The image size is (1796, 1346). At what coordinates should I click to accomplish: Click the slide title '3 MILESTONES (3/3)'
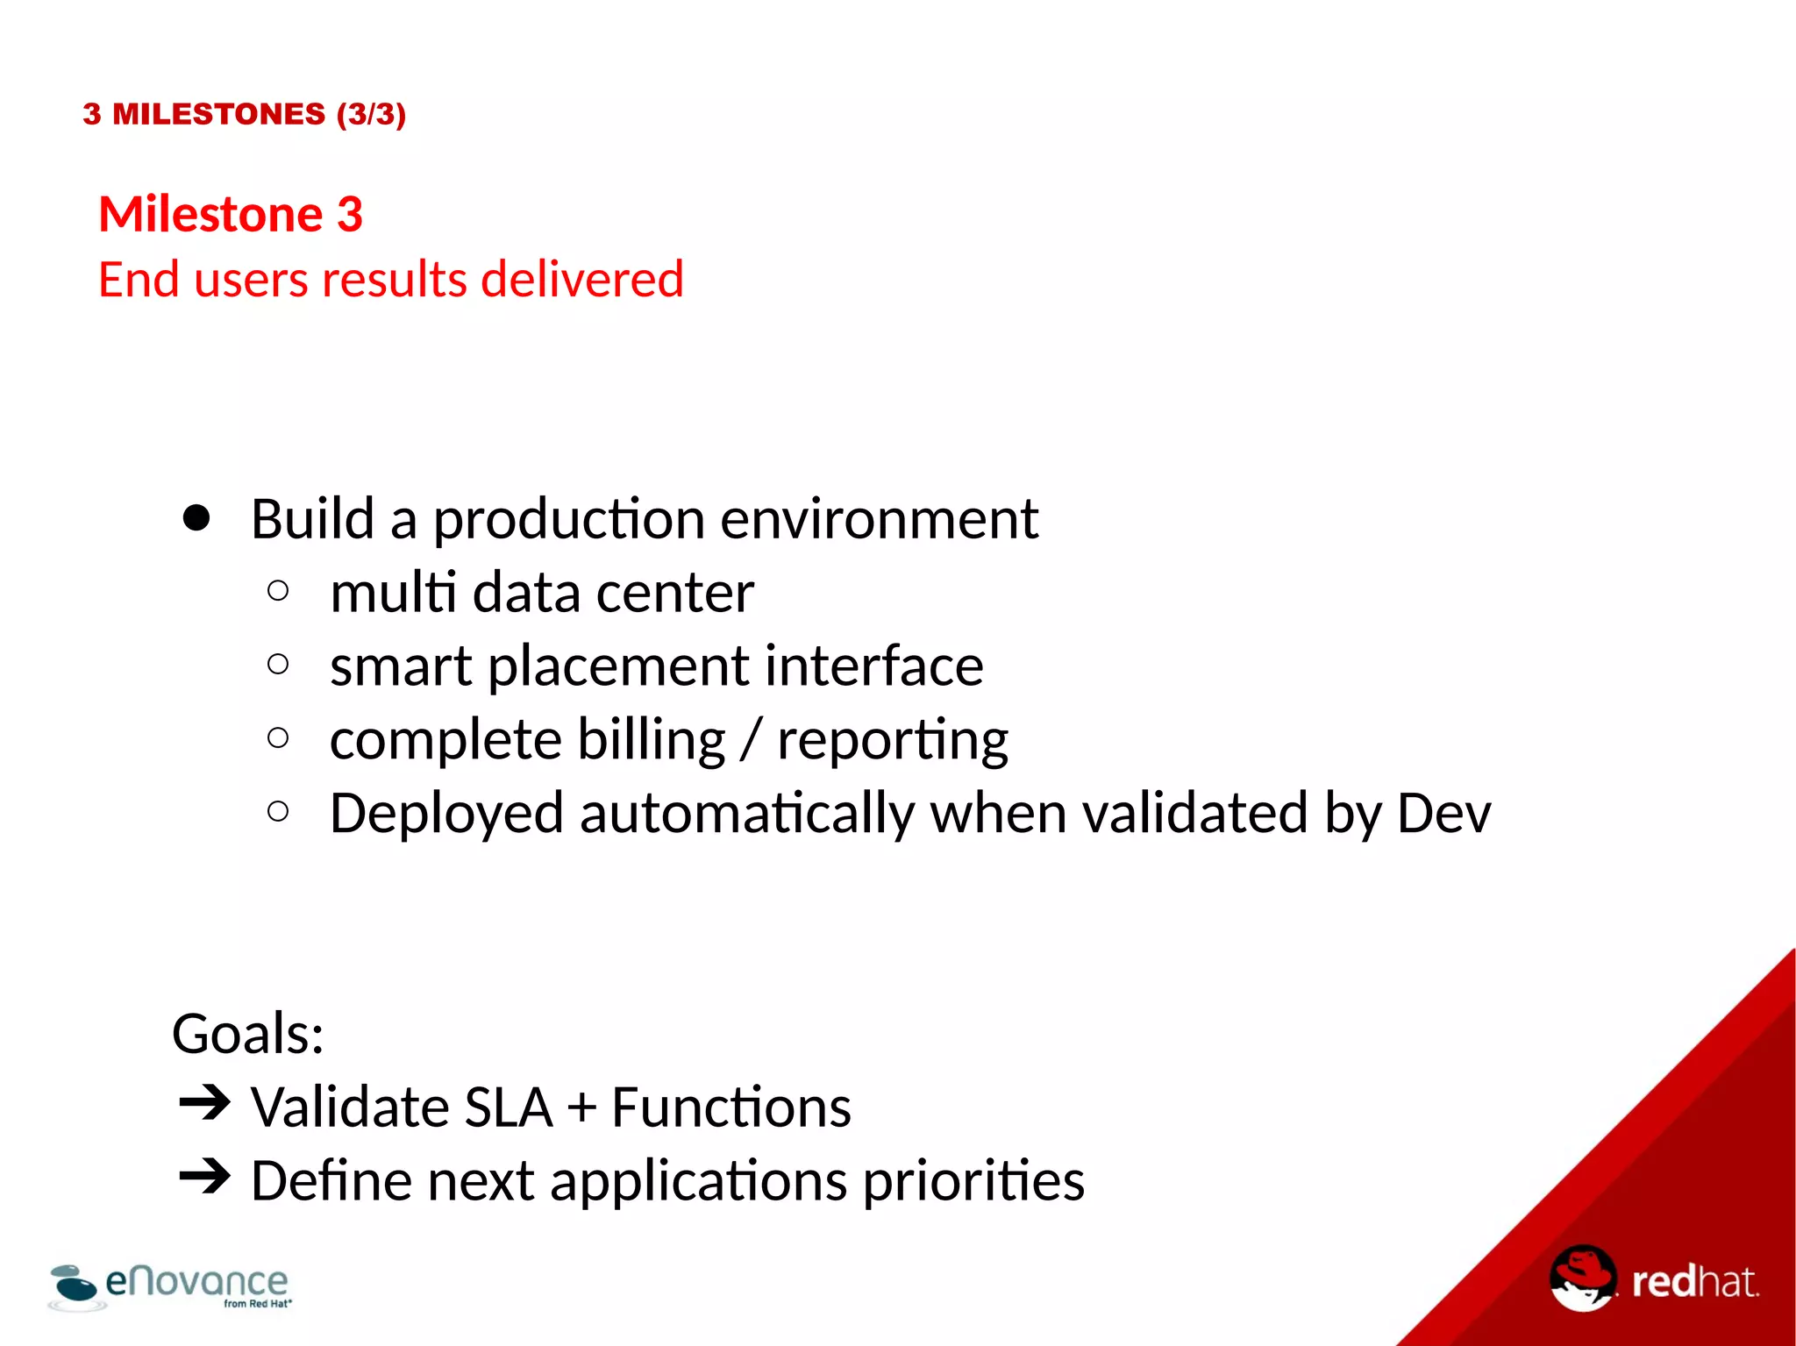(244, 114)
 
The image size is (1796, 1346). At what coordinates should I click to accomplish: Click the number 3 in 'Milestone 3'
(349, 215)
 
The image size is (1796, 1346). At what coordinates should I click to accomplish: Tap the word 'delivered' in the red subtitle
(581, 280)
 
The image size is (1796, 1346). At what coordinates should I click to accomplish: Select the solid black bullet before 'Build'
(196, 518)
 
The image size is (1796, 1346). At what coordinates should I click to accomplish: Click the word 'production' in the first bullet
(569, 520)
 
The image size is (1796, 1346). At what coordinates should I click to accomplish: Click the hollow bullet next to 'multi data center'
(278, 591)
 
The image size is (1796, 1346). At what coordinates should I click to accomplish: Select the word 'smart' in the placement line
(401, 666)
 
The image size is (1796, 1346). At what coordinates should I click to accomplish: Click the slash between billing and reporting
(751, 740)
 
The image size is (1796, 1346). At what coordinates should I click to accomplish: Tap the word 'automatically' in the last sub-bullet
(746, 814)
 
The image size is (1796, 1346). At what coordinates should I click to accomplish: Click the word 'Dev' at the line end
(1443, 814)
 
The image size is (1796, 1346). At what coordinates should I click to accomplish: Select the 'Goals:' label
(248, 1034)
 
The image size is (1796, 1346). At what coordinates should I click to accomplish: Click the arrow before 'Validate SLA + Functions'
(204, 1103)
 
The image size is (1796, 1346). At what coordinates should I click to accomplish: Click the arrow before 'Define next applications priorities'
(204, 1177)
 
